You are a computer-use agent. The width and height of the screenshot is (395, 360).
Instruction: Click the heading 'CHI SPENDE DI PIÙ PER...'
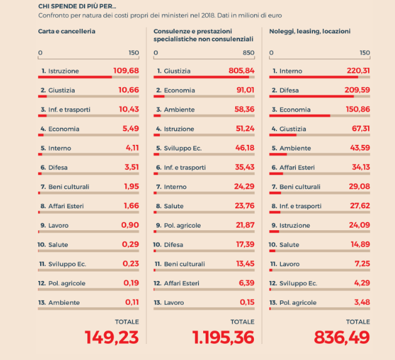click(x=77, y=6)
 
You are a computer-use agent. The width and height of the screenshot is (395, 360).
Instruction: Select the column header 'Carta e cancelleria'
click(x=66, y=31)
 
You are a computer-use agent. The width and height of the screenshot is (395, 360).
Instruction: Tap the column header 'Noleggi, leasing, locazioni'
click(x=309, y=31)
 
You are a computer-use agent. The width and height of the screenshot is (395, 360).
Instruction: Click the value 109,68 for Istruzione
click(x=126, y=71)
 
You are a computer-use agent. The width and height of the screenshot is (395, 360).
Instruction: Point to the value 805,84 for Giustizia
click(x=241, y=71)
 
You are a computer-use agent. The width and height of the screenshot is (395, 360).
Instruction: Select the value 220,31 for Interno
click(x=358, y=71)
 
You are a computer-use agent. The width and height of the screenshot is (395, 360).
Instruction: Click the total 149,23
click(x=112, y=337)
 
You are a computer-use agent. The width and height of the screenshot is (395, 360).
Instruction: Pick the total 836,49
click(x=342, y=337)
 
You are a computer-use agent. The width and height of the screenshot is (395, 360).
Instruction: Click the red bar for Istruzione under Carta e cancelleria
click(x=75, y=77)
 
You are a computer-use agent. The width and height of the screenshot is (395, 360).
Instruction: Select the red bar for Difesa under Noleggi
click(x=311, y=97)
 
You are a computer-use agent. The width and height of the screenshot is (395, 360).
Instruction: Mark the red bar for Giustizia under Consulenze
click(x=201, y=77)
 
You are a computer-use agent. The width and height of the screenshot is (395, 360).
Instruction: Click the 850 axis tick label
click(x=249, y=53)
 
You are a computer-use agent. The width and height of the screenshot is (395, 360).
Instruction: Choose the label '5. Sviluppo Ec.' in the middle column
click(x=179, y=148)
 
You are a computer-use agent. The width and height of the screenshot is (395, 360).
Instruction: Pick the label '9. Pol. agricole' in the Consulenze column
click(x=181, y=225)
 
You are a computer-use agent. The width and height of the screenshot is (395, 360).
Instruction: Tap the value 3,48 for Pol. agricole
click(x=361, y=302)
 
